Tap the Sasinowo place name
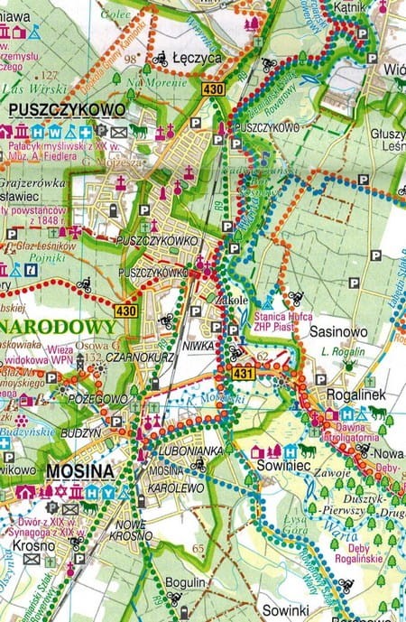tap(338, 331)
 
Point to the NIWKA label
tap(202, 345)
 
